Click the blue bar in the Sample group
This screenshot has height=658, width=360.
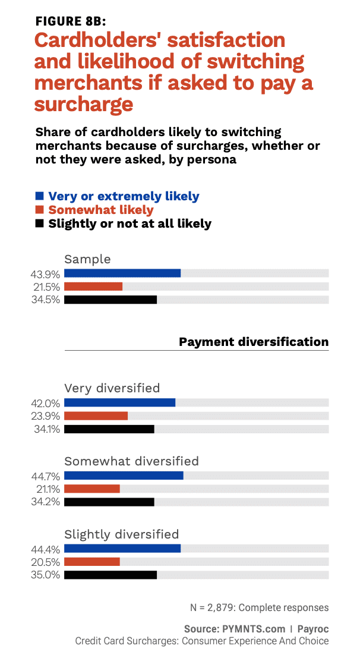click(x=122, y=273)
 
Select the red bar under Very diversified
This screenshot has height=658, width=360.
click(x=96, y=415)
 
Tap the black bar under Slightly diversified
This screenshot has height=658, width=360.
click(x=110, y=575)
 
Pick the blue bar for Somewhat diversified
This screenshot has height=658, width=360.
click(x=124, y=476)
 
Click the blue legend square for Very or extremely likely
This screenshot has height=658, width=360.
click(x=40, y=196)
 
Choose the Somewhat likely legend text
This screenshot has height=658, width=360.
click(x=101, y=210)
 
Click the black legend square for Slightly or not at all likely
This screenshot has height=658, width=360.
click(x=40, y=224)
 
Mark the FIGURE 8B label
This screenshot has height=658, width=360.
click(x=71, y=21)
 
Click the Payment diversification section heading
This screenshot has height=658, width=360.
click(x=254, y=342)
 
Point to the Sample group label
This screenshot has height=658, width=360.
click(x=87, y=259)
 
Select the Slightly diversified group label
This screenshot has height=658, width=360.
click(x=121, y=534)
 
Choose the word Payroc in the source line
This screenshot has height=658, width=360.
click(x=313, y=628)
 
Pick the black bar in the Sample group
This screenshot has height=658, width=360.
click(x=110, y=300)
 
